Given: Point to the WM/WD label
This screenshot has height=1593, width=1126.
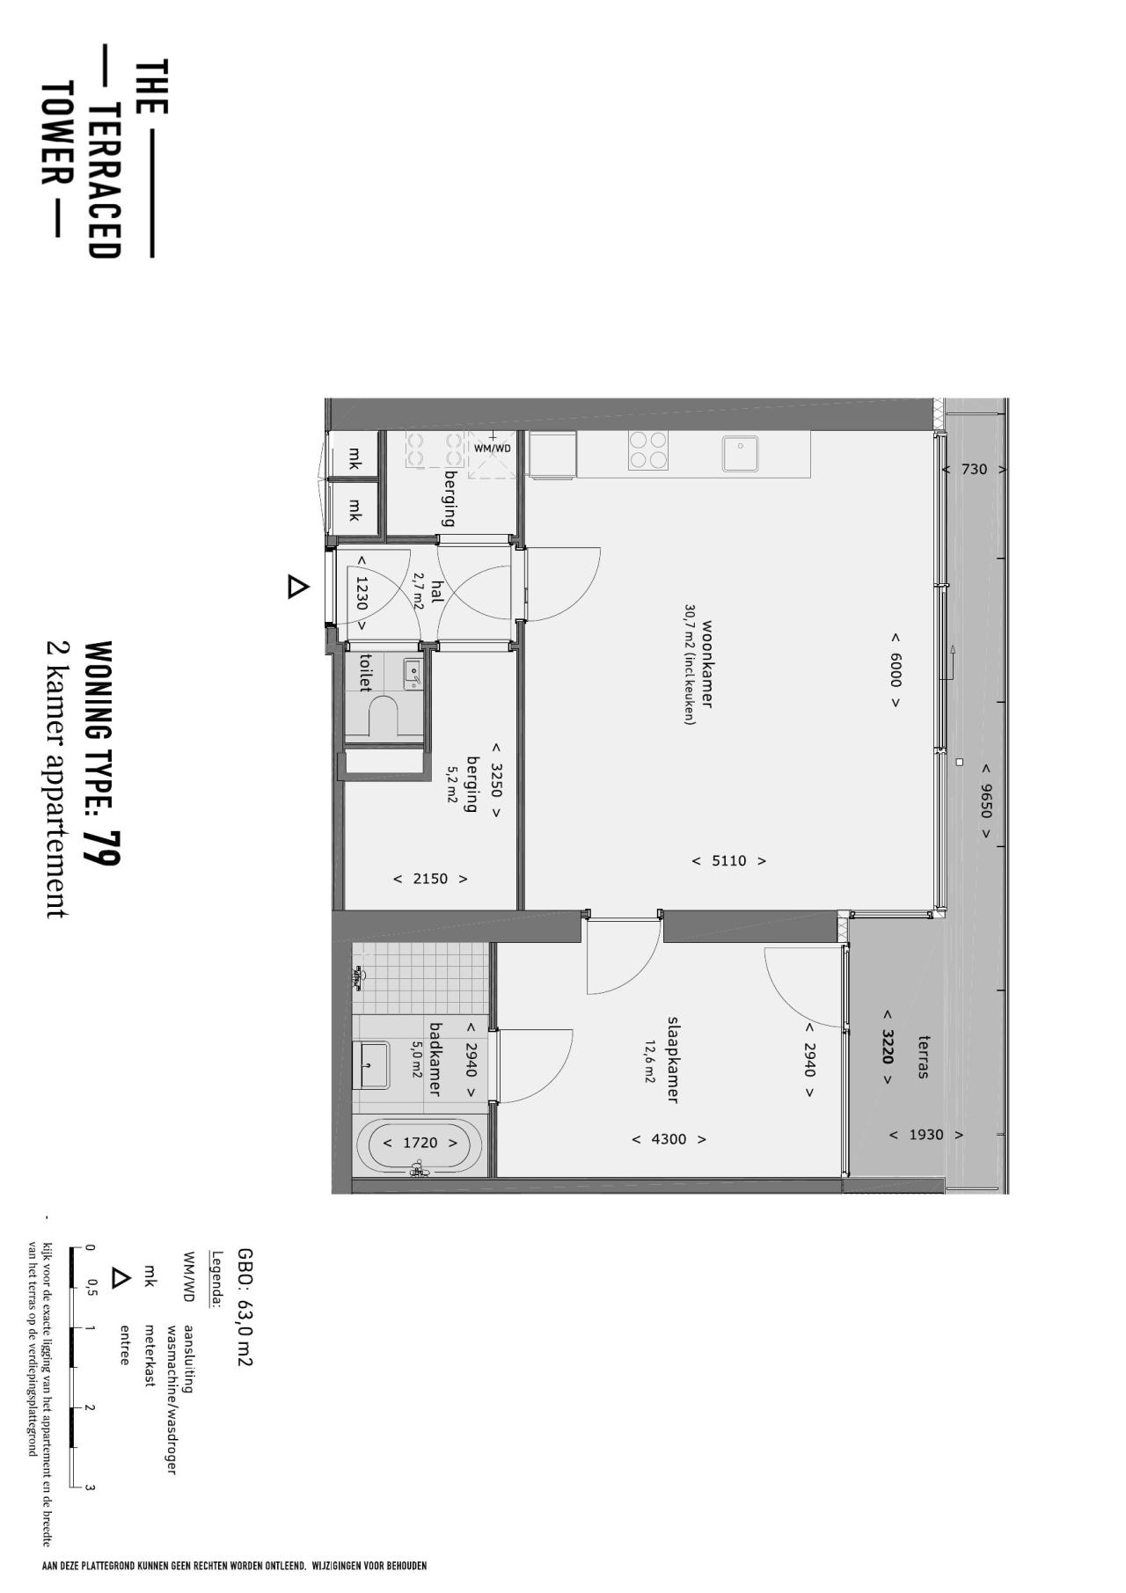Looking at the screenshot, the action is [x=493, y=448].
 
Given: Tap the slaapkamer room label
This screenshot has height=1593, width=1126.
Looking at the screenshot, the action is [x=673, y=1061].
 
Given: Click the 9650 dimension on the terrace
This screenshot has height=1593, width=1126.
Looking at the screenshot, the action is [x=986, y=801].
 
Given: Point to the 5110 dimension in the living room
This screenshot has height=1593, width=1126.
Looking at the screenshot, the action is [x=729, y=861].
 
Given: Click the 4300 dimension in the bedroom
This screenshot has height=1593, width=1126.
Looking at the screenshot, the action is [x=669, y=1139].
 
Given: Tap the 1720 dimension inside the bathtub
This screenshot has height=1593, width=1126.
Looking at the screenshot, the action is [x=420, y=1144].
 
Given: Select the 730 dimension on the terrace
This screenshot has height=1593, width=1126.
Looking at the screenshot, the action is [x=974, y=470].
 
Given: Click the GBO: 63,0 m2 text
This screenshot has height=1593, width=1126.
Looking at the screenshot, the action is [x=245, y=1307].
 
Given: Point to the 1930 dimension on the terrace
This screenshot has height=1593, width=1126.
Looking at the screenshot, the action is [x=925, y=1135].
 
